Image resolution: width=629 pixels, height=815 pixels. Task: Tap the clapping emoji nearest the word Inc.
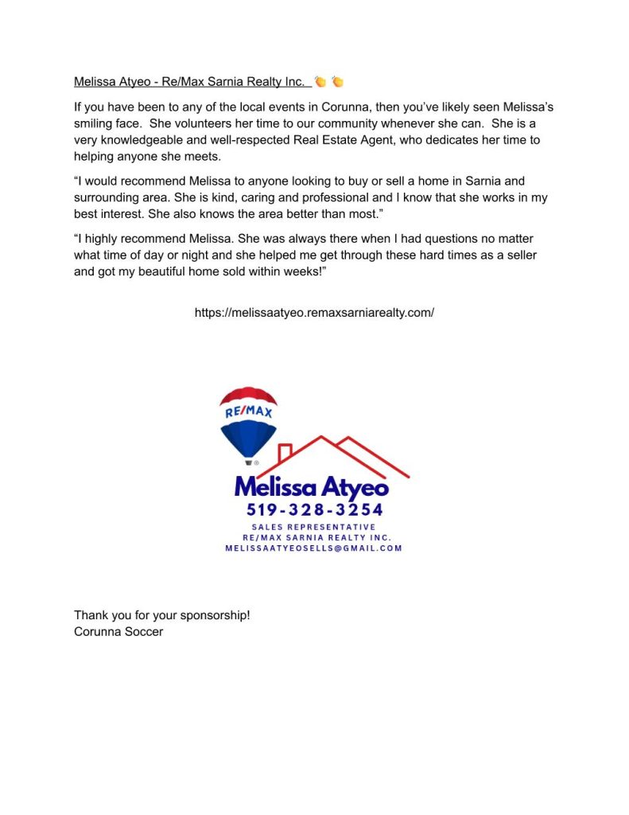click(320, 81)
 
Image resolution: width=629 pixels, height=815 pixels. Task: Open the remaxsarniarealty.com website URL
click(314, 313)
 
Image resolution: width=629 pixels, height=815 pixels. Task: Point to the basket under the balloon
click(249, 462)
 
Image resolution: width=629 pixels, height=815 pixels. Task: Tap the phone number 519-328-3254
click(315, 509)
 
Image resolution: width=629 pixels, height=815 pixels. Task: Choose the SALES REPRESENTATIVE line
click(313, 527)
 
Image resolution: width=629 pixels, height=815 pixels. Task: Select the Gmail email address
click(313, 548)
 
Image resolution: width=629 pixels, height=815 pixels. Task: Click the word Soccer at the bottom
click(143, 632)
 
